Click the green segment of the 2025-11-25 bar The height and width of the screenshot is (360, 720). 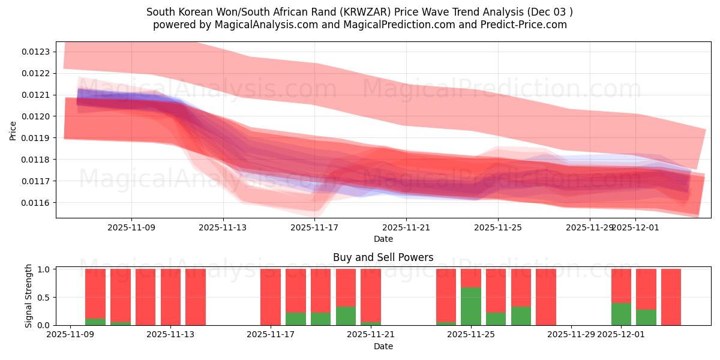pos(471,307)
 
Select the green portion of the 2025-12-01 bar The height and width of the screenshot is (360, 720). pos(621,314)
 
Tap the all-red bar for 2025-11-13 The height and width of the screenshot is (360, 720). pos(170,297)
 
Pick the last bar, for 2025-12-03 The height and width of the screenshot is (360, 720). pos(671,297)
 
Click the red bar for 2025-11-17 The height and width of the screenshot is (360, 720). pos(271,297)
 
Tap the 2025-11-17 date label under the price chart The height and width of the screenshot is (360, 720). pos(314,227)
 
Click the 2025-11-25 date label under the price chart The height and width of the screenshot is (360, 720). pos(498,227)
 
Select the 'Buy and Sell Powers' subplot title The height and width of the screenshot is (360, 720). pos(383,257)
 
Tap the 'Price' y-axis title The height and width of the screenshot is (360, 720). pos(13,130)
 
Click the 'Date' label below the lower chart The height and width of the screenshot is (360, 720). pos(383,346)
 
